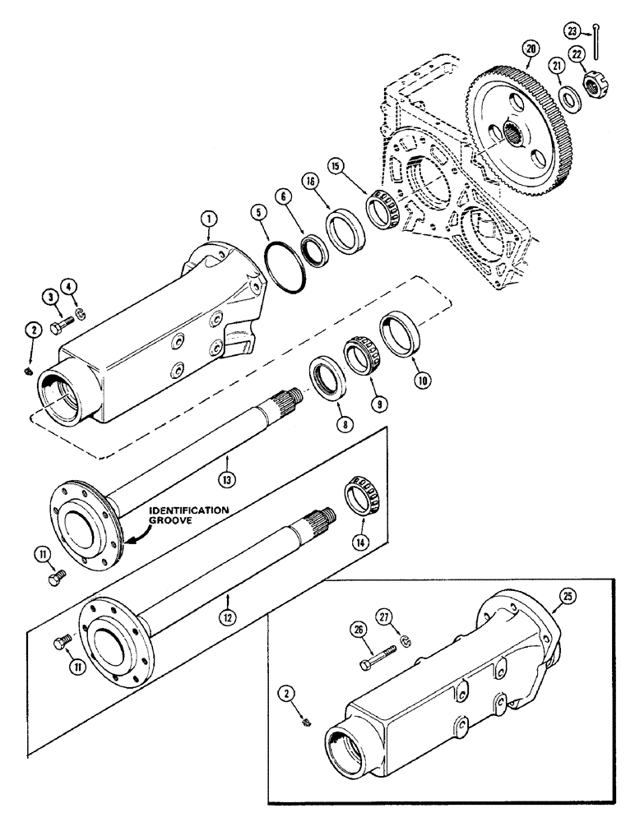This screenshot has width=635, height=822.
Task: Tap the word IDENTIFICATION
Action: point(188,511)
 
